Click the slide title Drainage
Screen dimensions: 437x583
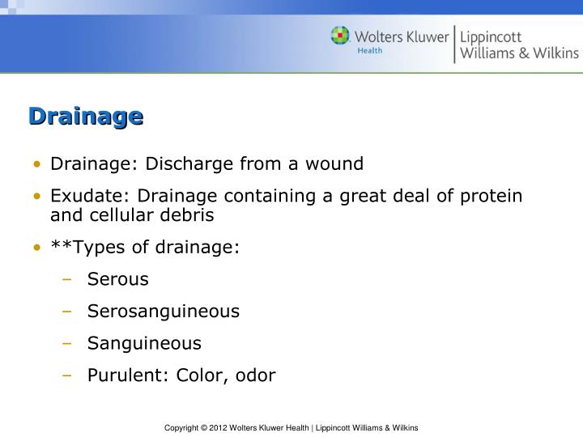(x=86, y=117)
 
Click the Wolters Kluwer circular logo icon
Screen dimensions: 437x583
(x=340, y=36)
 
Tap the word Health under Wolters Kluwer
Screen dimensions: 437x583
(x=370, y=50)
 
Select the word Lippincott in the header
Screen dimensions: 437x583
(x=491, y=36)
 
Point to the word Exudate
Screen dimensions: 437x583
(x=79, y=197)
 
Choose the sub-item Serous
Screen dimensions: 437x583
(x=118, y=279)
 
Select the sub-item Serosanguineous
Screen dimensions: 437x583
(x=164, y=312)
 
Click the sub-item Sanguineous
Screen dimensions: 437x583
(x=144, y=343)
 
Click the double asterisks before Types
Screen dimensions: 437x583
(x=58, y=246)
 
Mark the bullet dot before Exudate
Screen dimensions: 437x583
(x=38, y=197)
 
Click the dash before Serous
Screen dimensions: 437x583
(x=68, y=280)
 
